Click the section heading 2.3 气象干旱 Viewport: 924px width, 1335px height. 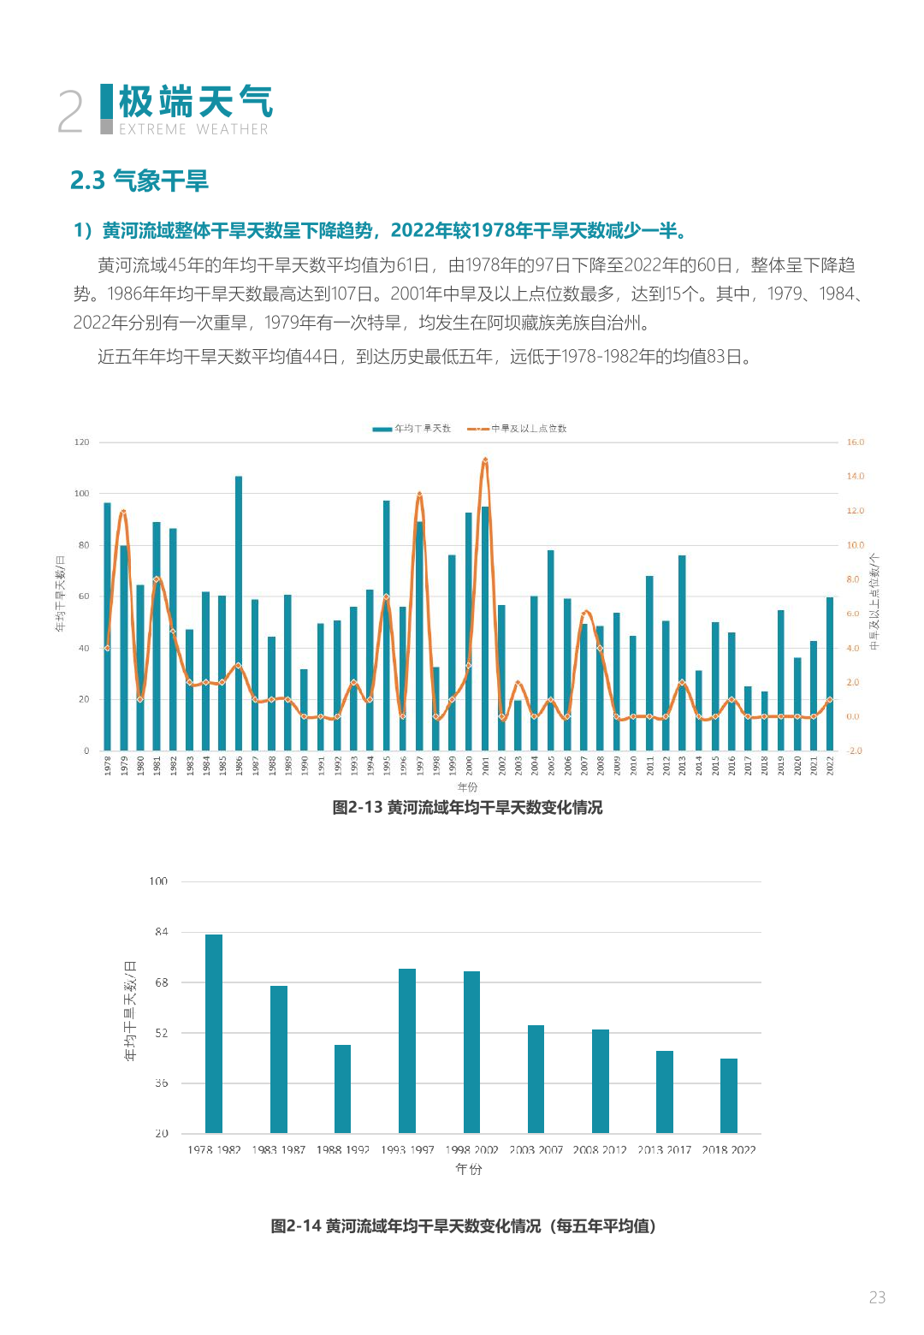(x=139, y=181)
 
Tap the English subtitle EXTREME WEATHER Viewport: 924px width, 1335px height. (x=193, y=129)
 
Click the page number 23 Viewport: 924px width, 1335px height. (x=877, y=1297)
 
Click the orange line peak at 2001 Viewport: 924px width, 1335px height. (x=485, y=460)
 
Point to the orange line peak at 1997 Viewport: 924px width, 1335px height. (x=419, y=495)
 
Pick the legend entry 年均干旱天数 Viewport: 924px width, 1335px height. (x=412, y=429)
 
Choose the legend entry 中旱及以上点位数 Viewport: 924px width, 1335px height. (x=517, y=429)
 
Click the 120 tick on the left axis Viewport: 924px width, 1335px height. (x=81, y=442)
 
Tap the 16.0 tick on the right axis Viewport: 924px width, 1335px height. (x=856, y=442)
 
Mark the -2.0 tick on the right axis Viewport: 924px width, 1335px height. (x=855, y=751)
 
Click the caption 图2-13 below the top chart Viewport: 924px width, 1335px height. (x=467, y=808)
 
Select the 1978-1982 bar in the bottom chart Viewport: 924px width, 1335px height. (x=214, y=1034)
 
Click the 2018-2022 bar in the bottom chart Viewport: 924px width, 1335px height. (x=729, y=1095)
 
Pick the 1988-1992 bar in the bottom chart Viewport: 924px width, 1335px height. (x=343, y=1089)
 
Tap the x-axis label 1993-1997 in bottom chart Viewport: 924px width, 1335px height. (x=407, y=1150)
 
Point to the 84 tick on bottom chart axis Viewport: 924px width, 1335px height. (x=161, y=932)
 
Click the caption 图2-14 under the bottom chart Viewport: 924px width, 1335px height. (x=464, y=1226)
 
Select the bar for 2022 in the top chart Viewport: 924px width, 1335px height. (x=830, y=673)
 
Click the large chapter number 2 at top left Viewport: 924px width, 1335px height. (x=70, y=112)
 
